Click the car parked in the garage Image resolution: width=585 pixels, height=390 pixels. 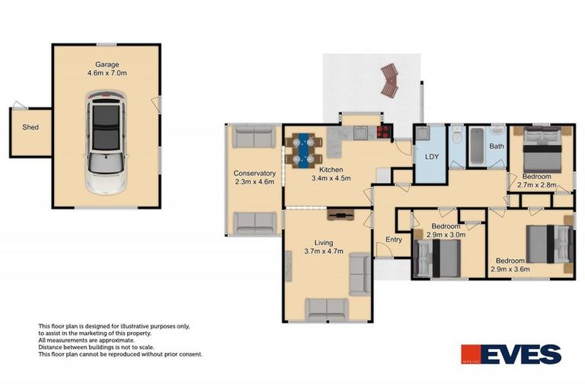pyautogui.click(x=106, y=142)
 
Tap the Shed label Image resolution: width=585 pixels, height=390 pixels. pyautogui.click(x=30, y=127)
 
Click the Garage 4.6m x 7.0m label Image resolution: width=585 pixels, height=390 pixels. pyautogui.click(x=107, y=69)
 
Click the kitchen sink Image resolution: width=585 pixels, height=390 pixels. pyautogui.click(x=361, y=133)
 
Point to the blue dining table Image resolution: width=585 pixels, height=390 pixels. pyautogui.click(x=303, y=149)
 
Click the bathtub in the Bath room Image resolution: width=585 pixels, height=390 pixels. pyautogui.click(x=477, y=146)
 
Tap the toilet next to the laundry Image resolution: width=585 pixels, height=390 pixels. pyautogui.click(x=456, y=135)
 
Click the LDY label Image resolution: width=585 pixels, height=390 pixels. pyautogui.click(x=432, y=157)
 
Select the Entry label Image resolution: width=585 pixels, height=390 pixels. pyautogui.click(x=394, y=240)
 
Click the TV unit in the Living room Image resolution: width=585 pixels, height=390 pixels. pyautogui.click(x=340, y=215)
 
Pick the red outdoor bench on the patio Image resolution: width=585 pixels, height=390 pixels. pyautogui.click(x=390, y=81)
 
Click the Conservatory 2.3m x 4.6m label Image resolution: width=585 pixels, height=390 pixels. pyautogui.click(x=254, y=177)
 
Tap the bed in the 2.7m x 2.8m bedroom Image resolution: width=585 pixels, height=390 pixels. pyautogui.click(x=542, y=149)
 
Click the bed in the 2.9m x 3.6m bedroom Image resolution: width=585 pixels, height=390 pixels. pyautogui.click(x=549, y=244)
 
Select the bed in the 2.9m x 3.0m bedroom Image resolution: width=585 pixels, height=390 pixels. pyautogui.click(x=437, y=258)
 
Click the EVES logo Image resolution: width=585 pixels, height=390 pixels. pyautogui.click(x=511, y=354)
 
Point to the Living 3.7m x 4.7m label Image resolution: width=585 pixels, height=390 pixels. pyautogui.click(x=324, y=247)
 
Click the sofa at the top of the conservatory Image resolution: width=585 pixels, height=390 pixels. pyautogui.click(x=254, y=136)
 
